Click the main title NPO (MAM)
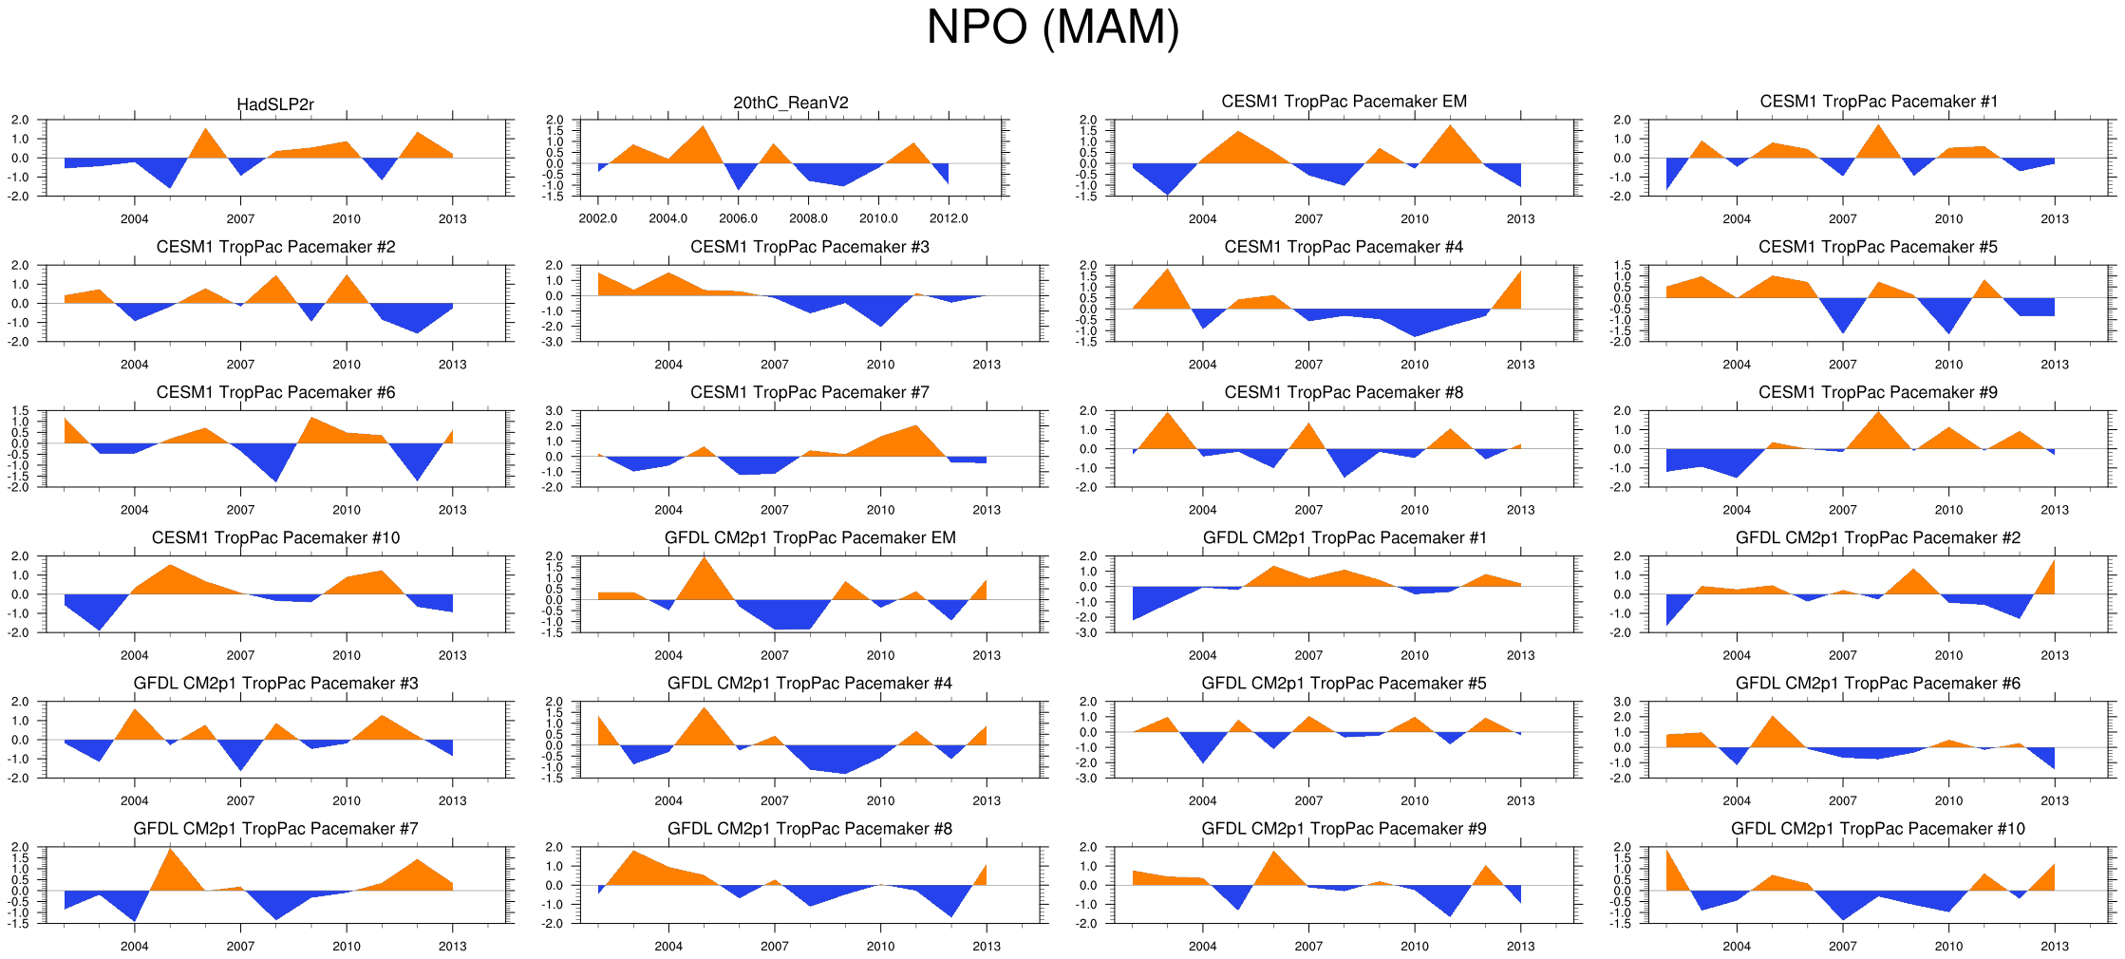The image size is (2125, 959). click(1052, 28)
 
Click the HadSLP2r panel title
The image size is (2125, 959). click(275, 104)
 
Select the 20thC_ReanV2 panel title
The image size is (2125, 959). click(791, 103)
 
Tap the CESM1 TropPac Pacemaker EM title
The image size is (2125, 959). click(1344, 102)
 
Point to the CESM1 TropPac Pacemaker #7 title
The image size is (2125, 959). click(809, 392)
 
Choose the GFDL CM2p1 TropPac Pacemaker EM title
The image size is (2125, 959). click(809, 537)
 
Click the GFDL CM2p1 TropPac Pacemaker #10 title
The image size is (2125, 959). click(1877, 829)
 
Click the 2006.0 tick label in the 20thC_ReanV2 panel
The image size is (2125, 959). click(738, 219)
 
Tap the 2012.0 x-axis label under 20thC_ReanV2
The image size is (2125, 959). click(949, 219)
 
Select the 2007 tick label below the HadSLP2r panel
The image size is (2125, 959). click(240, 219)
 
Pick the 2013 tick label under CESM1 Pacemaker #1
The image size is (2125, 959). click(2054, 219)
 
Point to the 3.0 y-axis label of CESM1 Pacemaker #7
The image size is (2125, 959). click(554, 411)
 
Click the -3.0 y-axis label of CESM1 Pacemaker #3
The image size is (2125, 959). click(554, 342)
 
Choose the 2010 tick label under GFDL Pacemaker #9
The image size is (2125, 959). click(1414, 947)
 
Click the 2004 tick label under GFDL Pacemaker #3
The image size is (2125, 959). click(134, 801)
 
